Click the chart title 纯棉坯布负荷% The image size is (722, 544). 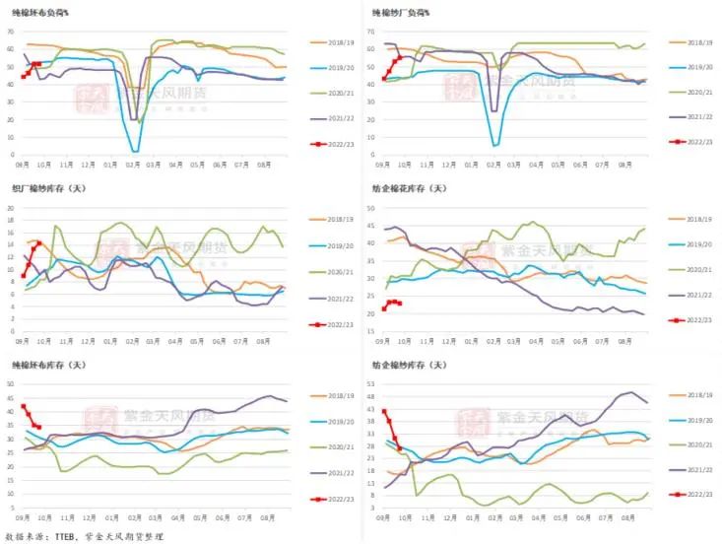click(x=46, y=14)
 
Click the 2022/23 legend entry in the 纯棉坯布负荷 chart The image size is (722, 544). click(x=332, y=142)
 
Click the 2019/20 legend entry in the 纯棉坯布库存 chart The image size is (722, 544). click(x=332, y=421)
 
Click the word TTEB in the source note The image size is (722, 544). click(x=66, y=535)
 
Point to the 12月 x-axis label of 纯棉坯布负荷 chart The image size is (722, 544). click(x=89, y=165)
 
